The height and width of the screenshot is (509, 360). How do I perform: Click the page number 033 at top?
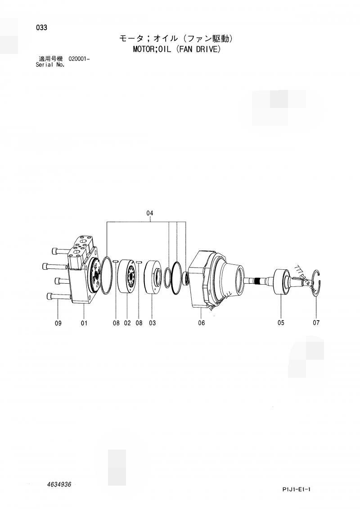pyautogui.click(x=41, y=27)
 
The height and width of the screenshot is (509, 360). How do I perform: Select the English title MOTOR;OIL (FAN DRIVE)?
pyautogui.click(x=176, y=49)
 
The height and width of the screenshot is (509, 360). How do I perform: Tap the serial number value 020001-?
pyautogui.click(x=79, y=59)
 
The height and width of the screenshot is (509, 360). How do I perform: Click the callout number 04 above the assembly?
pyautogui.click(x=150, y=213)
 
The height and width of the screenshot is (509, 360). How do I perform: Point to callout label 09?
pyautogui.click(x=58, y=323)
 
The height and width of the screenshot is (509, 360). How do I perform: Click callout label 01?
pyautogui.click(x=84, y=323)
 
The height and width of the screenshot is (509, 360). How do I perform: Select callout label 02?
pyautogui.click(x=127, y=323)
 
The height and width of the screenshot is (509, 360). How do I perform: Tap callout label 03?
pyautogui.click(x=152, y=323)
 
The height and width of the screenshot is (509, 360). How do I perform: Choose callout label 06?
pyautogui.click(x=201, y=323)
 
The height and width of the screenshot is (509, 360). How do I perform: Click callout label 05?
pyautogui.click(x=281, y=322)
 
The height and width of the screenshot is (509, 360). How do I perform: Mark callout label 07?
pyautogui.click(x=316, y=323)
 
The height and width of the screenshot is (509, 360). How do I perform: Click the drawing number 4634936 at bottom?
pyautogui.click(x=58, y=484)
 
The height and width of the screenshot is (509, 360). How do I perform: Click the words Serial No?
pyautogui.click(x=50, y=65)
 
